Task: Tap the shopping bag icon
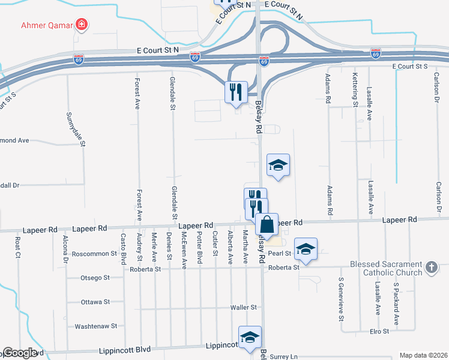pyautogui.click(x=267, y=224)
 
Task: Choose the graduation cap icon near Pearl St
pyautogui.click(x=306, y=249)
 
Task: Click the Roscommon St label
pyautogui.click(x=94, y=254)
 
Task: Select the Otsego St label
pyautogui.click(x=95, y=278)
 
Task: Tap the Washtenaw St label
pyautogui.click(x=96, y=326)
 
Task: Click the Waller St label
pyautogui.click(x=244, y=307)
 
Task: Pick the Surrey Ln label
pyautogui.click(x=285, y=356)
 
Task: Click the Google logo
pyautogui.click(x=20, y=353)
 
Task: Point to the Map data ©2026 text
pyautogui.click(x=423, y=355)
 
